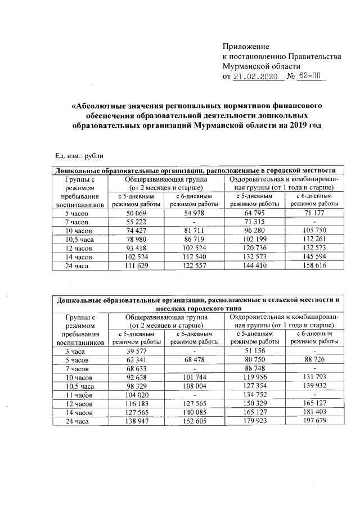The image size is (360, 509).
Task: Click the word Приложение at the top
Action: (x=246, y=46)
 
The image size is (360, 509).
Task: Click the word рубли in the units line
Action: (x=92, y=156)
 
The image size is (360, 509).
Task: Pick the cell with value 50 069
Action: (x=137, y=214)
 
